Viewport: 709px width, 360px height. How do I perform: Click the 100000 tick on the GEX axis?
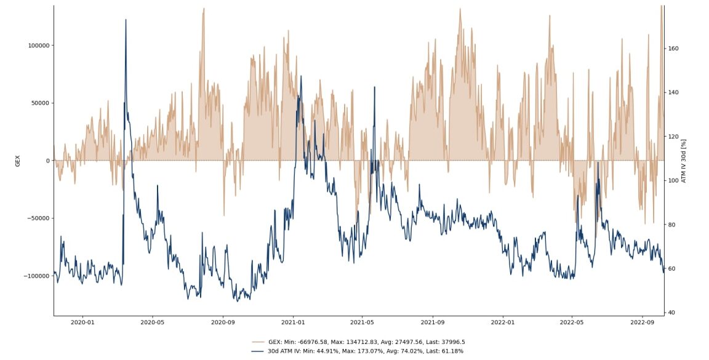pyautogui.click(x=39, y=46)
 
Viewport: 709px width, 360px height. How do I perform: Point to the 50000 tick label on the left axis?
pyautogui.click(x=41, y=103)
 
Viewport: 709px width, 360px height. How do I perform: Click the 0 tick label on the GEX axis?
pyautogui.click(x=47, y=161)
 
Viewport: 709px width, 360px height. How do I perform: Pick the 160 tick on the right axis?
pyautogui.click(x=673, y=49)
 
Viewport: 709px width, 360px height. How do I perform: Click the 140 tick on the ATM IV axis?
pyautogui.click(x=673, y=92)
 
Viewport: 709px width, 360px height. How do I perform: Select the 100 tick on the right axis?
pyautogui.click(x=673, y=180)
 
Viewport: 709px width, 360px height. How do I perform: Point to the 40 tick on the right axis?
pyautogui.click(x=671, y=313)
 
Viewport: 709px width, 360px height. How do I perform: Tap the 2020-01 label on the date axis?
pyautogui.click(x=82, y=321)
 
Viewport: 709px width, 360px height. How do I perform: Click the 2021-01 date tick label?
pyautogui.click(x=292, y=321)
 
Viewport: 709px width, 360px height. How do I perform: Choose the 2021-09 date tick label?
pyautogui.click(x=433, y=321)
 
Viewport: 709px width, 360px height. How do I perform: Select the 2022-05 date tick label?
pyautogui.click(x=572, y=321)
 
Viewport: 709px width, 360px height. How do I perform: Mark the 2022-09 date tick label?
pyautogui.click(x=643, y=321)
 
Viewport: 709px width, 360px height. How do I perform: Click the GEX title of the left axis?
pyautogui.click(x=18, y=161)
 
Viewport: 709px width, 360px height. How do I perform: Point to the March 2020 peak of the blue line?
pyautogui.click(x=126, y=20)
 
